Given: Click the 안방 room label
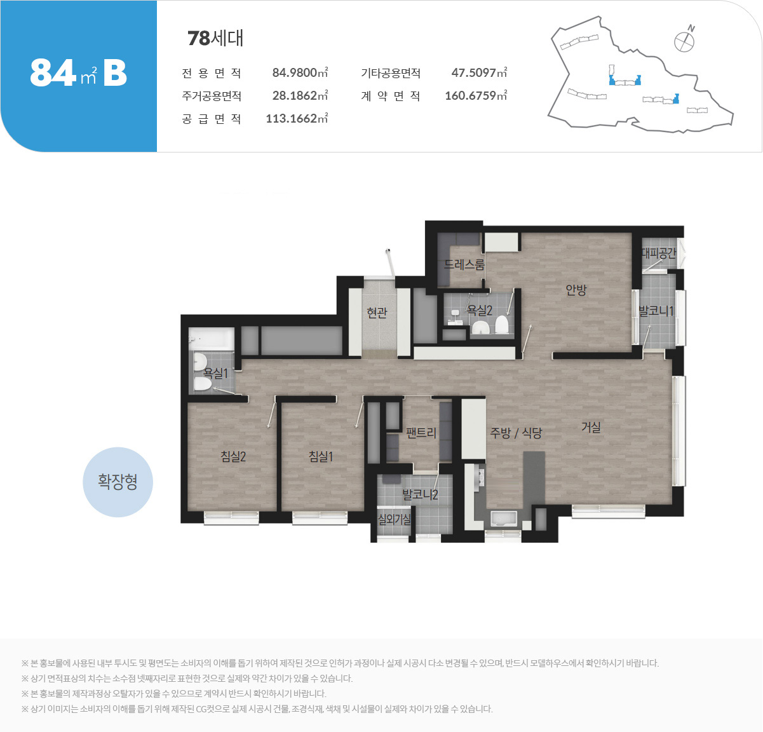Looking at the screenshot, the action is click(x=576, y=290).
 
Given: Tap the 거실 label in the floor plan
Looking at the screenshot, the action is click(x=591, y=427).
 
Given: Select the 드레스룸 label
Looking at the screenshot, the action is click(x=464, y=264).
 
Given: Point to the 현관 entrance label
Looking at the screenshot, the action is click(x=377, y=313).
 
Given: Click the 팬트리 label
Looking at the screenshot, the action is click(x=421, y=433).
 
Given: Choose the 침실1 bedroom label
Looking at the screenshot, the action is click(x=321, y=456).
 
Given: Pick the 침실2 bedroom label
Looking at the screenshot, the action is click(x=233, y=456).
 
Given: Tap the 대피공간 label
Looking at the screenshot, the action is click(x=659, y=253).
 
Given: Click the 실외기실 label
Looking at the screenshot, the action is click(x=394, y=520).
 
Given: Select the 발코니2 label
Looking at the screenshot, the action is click(x=421, y=494).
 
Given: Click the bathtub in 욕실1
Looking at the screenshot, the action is click(x=212, y=338).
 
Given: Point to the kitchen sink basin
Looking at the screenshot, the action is click(x=503, y=520).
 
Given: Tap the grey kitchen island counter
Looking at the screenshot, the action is click(x=534, y=478).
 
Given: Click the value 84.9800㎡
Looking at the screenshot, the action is click(x=300, y=72).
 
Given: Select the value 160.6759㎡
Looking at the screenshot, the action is click(x=476, y=95).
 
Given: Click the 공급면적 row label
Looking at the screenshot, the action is click(x=212, y=118).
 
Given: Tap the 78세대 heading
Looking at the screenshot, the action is click(x=215, y=38).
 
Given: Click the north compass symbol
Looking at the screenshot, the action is click(x=685, y=39).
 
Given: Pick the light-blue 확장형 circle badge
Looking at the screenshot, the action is click(x=118, y=482).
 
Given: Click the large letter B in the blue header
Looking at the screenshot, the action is click(x=115, y=73).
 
